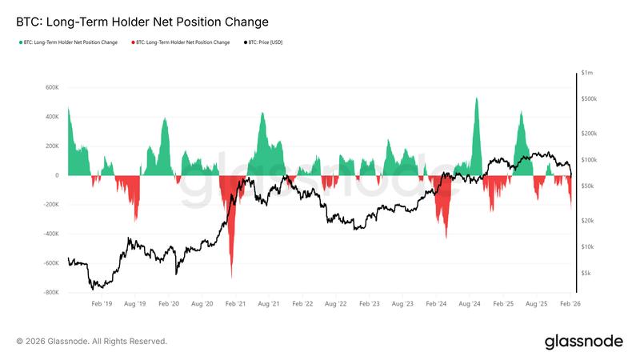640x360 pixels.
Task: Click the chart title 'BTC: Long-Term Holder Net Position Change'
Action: [142, 22]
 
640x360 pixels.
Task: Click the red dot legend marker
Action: [132, 42]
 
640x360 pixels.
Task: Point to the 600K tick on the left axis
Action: [51, 87]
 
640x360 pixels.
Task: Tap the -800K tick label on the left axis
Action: [50, 293]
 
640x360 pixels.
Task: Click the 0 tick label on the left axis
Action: [57, 175]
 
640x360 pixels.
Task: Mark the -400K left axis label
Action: [50, 234]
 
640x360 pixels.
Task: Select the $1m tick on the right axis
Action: [587, 73]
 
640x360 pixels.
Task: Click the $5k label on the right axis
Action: [586, 273]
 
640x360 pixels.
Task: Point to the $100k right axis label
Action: [589, 160]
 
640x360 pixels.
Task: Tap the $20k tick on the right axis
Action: [588, 221]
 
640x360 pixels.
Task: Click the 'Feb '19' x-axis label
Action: [102, 305]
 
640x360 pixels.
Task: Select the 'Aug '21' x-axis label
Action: [269, 305]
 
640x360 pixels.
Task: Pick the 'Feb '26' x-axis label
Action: [570, 305]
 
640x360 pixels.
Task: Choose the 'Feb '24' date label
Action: [436, 305]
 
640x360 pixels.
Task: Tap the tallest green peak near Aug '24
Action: [476, 98]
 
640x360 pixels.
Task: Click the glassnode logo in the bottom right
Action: [583, 342]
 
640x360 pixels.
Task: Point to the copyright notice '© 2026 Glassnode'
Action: [91, 342]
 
